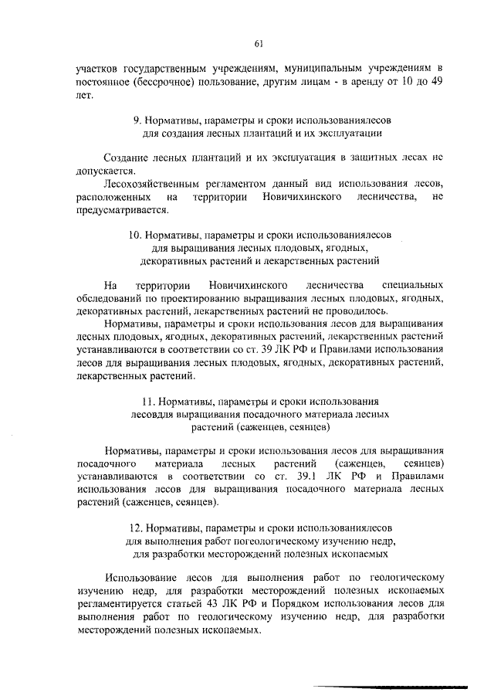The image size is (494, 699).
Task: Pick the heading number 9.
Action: (x=137, y=120)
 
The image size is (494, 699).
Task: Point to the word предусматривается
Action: (x=121, y=209)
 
